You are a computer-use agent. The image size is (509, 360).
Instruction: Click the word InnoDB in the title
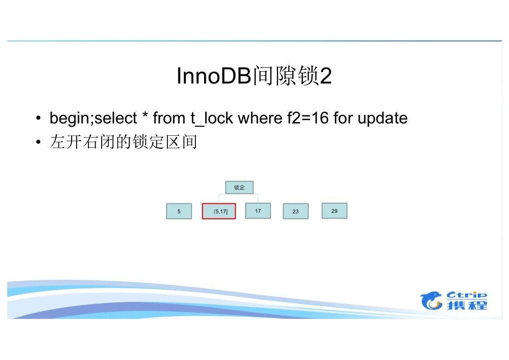coord(214,76)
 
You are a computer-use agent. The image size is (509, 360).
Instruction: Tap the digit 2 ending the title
coord(326,76)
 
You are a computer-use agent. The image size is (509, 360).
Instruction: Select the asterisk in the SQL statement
coord(145,115)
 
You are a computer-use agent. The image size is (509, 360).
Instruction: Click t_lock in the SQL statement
coord(212,118)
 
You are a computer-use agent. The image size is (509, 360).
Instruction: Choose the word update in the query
coord(382,118)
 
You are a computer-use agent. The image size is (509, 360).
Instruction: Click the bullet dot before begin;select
coord(39,118)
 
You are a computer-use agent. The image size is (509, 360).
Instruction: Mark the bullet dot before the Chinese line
coord(39,142)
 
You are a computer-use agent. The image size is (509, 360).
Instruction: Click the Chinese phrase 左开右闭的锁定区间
coord(124,142)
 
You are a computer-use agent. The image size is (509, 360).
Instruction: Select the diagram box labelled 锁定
coord(239,187)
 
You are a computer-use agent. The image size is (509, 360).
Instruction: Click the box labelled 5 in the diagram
coord(179,211)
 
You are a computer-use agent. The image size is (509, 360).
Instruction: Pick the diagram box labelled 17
coord(258,211)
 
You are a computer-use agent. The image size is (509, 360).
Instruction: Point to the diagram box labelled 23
coord(295,211)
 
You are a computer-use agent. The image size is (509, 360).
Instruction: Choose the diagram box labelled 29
coord(334,211)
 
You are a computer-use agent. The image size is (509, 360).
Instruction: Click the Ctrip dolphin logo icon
coord(431,301)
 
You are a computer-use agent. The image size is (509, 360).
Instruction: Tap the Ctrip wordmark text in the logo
coord(467,295)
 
